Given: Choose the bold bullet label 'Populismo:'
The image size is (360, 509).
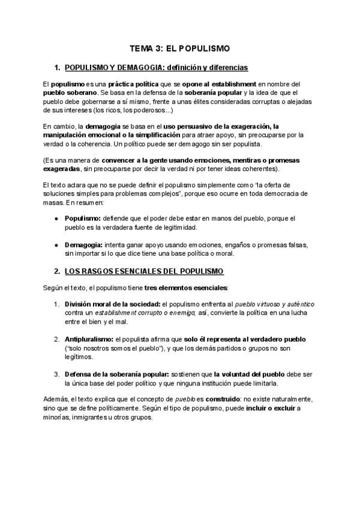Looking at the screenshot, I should click(82, 218).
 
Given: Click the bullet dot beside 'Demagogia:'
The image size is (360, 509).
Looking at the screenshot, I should click(56, 245).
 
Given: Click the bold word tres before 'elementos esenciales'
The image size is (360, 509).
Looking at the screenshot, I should click(153, 288).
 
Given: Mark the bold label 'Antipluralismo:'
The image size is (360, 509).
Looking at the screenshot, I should click(89, 339).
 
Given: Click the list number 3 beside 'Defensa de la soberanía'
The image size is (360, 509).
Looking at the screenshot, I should click(56, 375).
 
